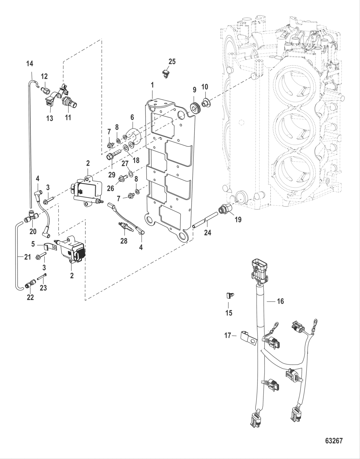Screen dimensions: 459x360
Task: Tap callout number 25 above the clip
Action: (172, 61)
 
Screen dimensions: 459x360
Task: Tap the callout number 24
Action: (208, 232)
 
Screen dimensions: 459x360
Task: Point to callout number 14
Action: (30, 64)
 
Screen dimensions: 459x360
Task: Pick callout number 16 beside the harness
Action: (280, 301)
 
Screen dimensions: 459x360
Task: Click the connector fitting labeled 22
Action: (30, 284)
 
